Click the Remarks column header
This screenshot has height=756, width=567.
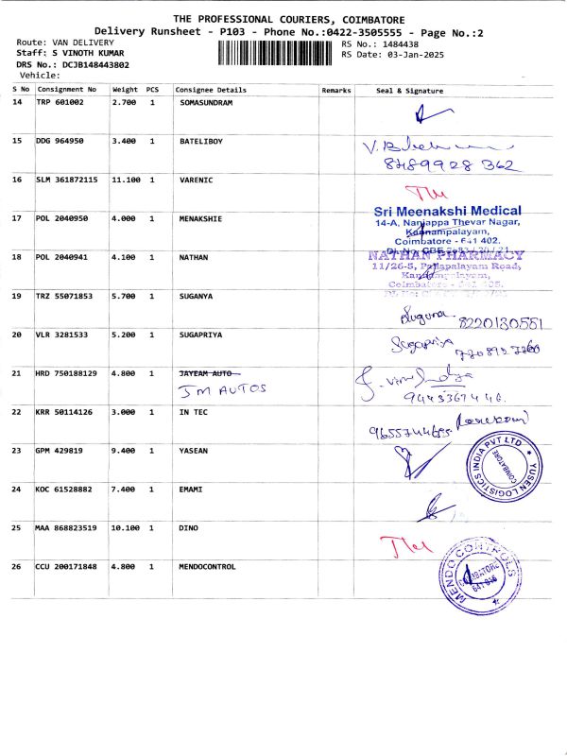336,91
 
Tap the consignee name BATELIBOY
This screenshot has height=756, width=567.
201,141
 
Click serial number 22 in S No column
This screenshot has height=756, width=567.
17,412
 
